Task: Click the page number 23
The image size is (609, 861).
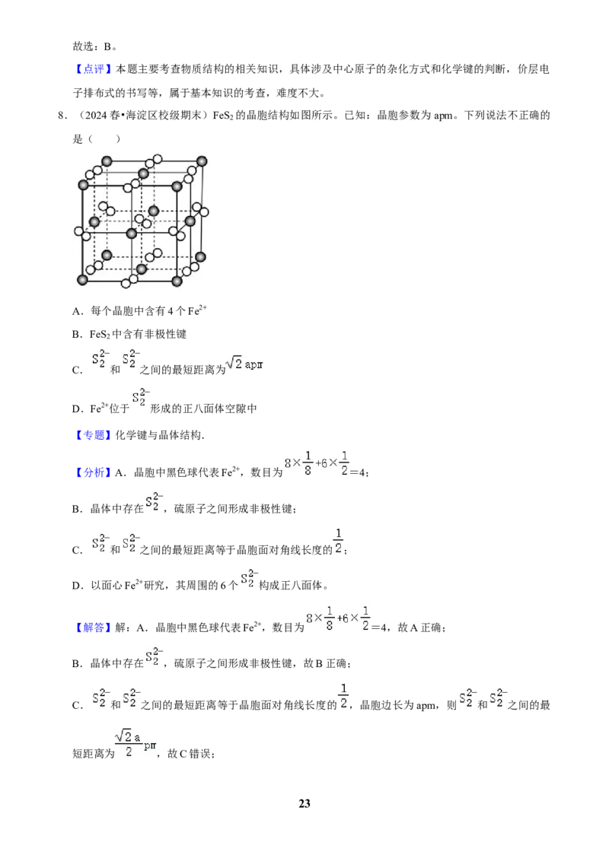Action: (x=304, y=803)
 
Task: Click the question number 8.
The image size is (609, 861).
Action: (x=62, y=116)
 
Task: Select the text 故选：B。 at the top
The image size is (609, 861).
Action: (x=94, y=46)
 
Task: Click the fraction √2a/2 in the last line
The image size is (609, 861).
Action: (x=128, y=744)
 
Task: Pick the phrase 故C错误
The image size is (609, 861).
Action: (x=189, y=753)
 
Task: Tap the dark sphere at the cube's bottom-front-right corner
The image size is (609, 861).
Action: (x=177, y=281)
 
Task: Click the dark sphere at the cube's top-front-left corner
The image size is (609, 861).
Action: (x=84, y=186)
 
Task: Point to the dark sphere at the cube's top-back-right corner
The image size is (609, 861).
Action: (x=202, y=161)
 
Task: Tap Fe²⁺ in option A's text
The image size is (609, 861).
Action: (x=197, y=310)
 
